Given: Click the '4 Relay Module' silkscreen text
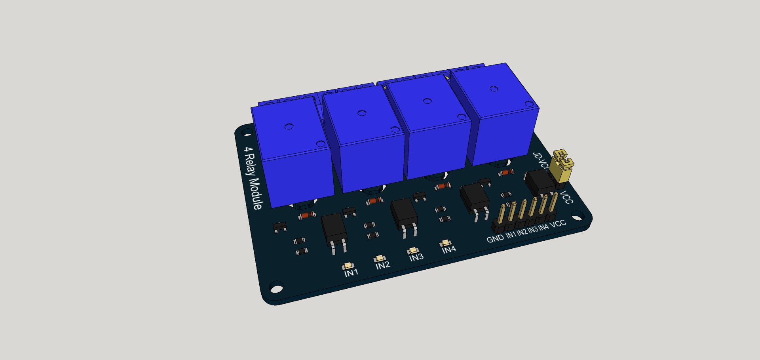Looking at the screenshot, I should tap(252, 178).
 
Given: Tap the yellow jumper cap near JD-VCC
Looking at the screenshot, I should tap(563, 166).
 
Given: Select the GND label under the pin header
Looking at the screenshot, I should tap(495, 238).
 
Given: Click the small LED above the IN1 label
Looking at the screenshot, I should tap(348, 266).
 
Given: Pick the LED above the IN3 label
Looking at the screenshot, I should tap(413, 250).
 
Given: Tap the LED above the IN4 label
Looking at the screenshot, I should tap(445, 243).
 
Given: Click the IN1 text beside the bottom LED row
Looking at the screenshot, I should tap(351, 272).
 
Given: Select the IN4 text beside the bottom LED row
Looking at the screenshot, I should tap(449, 249).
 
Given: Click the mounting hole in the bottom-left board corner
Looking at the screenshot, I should tap(276, 287).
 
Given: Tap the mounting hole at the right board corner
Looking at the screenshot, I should tap(578, 216).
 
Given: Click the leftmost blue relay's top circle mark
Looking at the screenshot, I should tap(289, 127).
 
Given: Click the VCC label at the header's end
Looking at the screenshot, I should tap(558, 223).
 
